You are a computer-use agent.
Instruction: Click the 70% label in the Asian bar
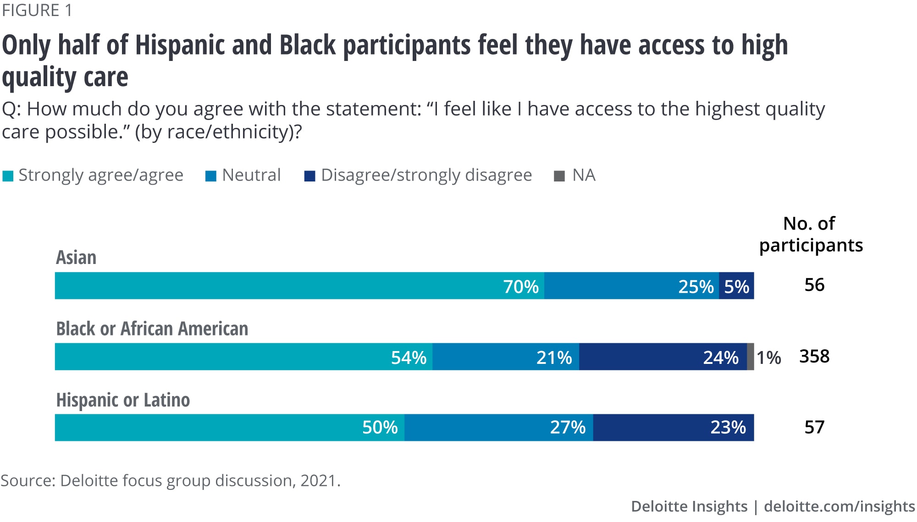point(521,286)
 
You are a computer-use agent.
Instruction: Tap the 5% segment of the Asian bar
point(736,286)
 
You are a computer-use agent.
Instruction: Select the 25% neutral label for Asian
point(696,286)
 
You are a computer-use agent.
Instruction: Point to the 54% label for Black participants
point(409,357)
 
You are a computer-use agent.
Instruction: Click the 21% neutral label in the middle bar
point(554,357)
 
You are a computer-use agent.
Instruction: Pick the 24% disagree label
point(721,357)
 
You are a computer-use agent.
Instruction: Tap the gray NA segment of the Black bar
point(751,357)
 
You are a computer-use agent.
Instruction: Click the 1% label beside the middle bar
point(768,357)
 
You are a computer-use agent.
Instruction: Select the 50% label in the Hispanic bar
point(380,427)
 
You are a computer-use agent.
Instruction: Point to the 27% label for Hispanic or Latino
point(568,427)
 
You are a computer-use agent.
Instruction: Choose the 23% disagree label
point(728,427)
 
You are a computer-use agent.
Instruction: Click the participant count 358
point(814,356)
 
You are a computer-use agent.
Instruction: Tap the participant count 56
point(814,285)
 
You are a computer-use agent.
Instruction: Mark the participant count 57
point(814,427)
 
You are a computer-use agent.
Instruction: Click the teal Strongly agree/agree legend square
point(8,176)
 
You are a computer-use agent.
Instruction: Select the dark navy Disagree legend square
point(309,176)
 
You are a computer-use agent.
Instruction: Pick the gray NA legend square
point(559,176)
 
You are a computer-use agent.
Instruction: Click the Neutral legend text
point(251,175)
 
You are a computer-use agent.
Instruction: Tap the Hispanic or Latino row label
point(123,400)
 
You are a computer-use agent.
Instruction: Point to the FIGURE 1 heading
point(37,10)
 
